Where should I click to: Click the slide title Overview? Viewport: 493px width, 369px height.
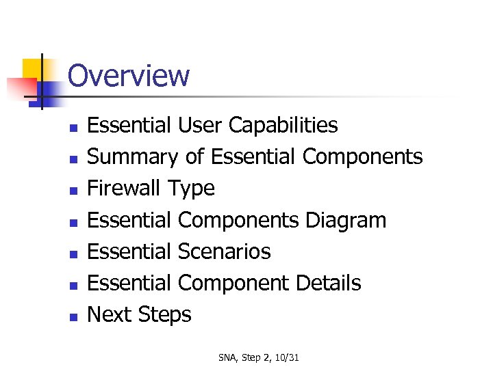coord(129,75)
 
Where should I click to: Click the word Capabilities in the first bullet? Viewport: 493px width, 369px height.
coord(283,126)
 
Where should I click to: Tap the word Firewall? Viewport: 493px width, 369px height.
coord(125,188)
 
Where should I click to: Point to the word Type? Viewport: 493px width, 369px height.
coord(191,189)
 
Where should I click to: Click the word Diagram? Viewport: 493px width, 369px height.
coord(346,220)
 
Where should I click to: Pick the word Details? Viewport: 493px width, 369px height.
coord(328,283)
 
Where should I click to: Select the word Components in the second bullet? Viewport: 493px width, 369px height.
coord(362,157)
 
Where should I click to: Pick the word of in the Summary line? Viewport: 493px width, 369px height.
coord(194,157)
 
